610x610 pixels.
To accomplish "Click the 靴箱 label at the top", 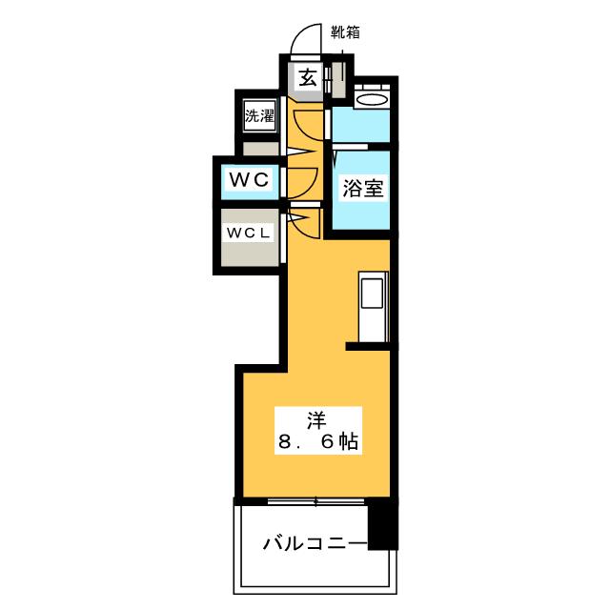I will click(x=345, y=30).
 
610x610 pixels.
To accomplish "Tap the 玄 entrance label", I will click(x=308, y=78).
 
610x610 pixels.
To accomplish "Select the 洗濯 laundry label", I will click(x=259, y=118).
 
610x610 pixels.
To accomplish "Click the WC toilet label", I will click(x=251, y=178).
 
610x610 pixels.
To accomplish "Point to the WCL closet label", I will click(x=249, y=232).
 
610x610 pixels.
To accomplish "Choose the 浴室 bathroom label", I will click(x=362, y=188).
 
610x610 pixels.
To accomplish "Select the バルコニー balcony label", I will click(x=315, y=544).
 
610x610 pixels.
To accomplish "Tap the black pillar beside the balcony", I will click(x=382, y=523).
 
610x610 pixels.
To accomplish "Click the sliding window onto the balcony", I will click(x=315, y=500).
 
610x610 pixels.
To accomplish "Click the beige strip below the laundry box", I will click(x=260, y=149).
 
